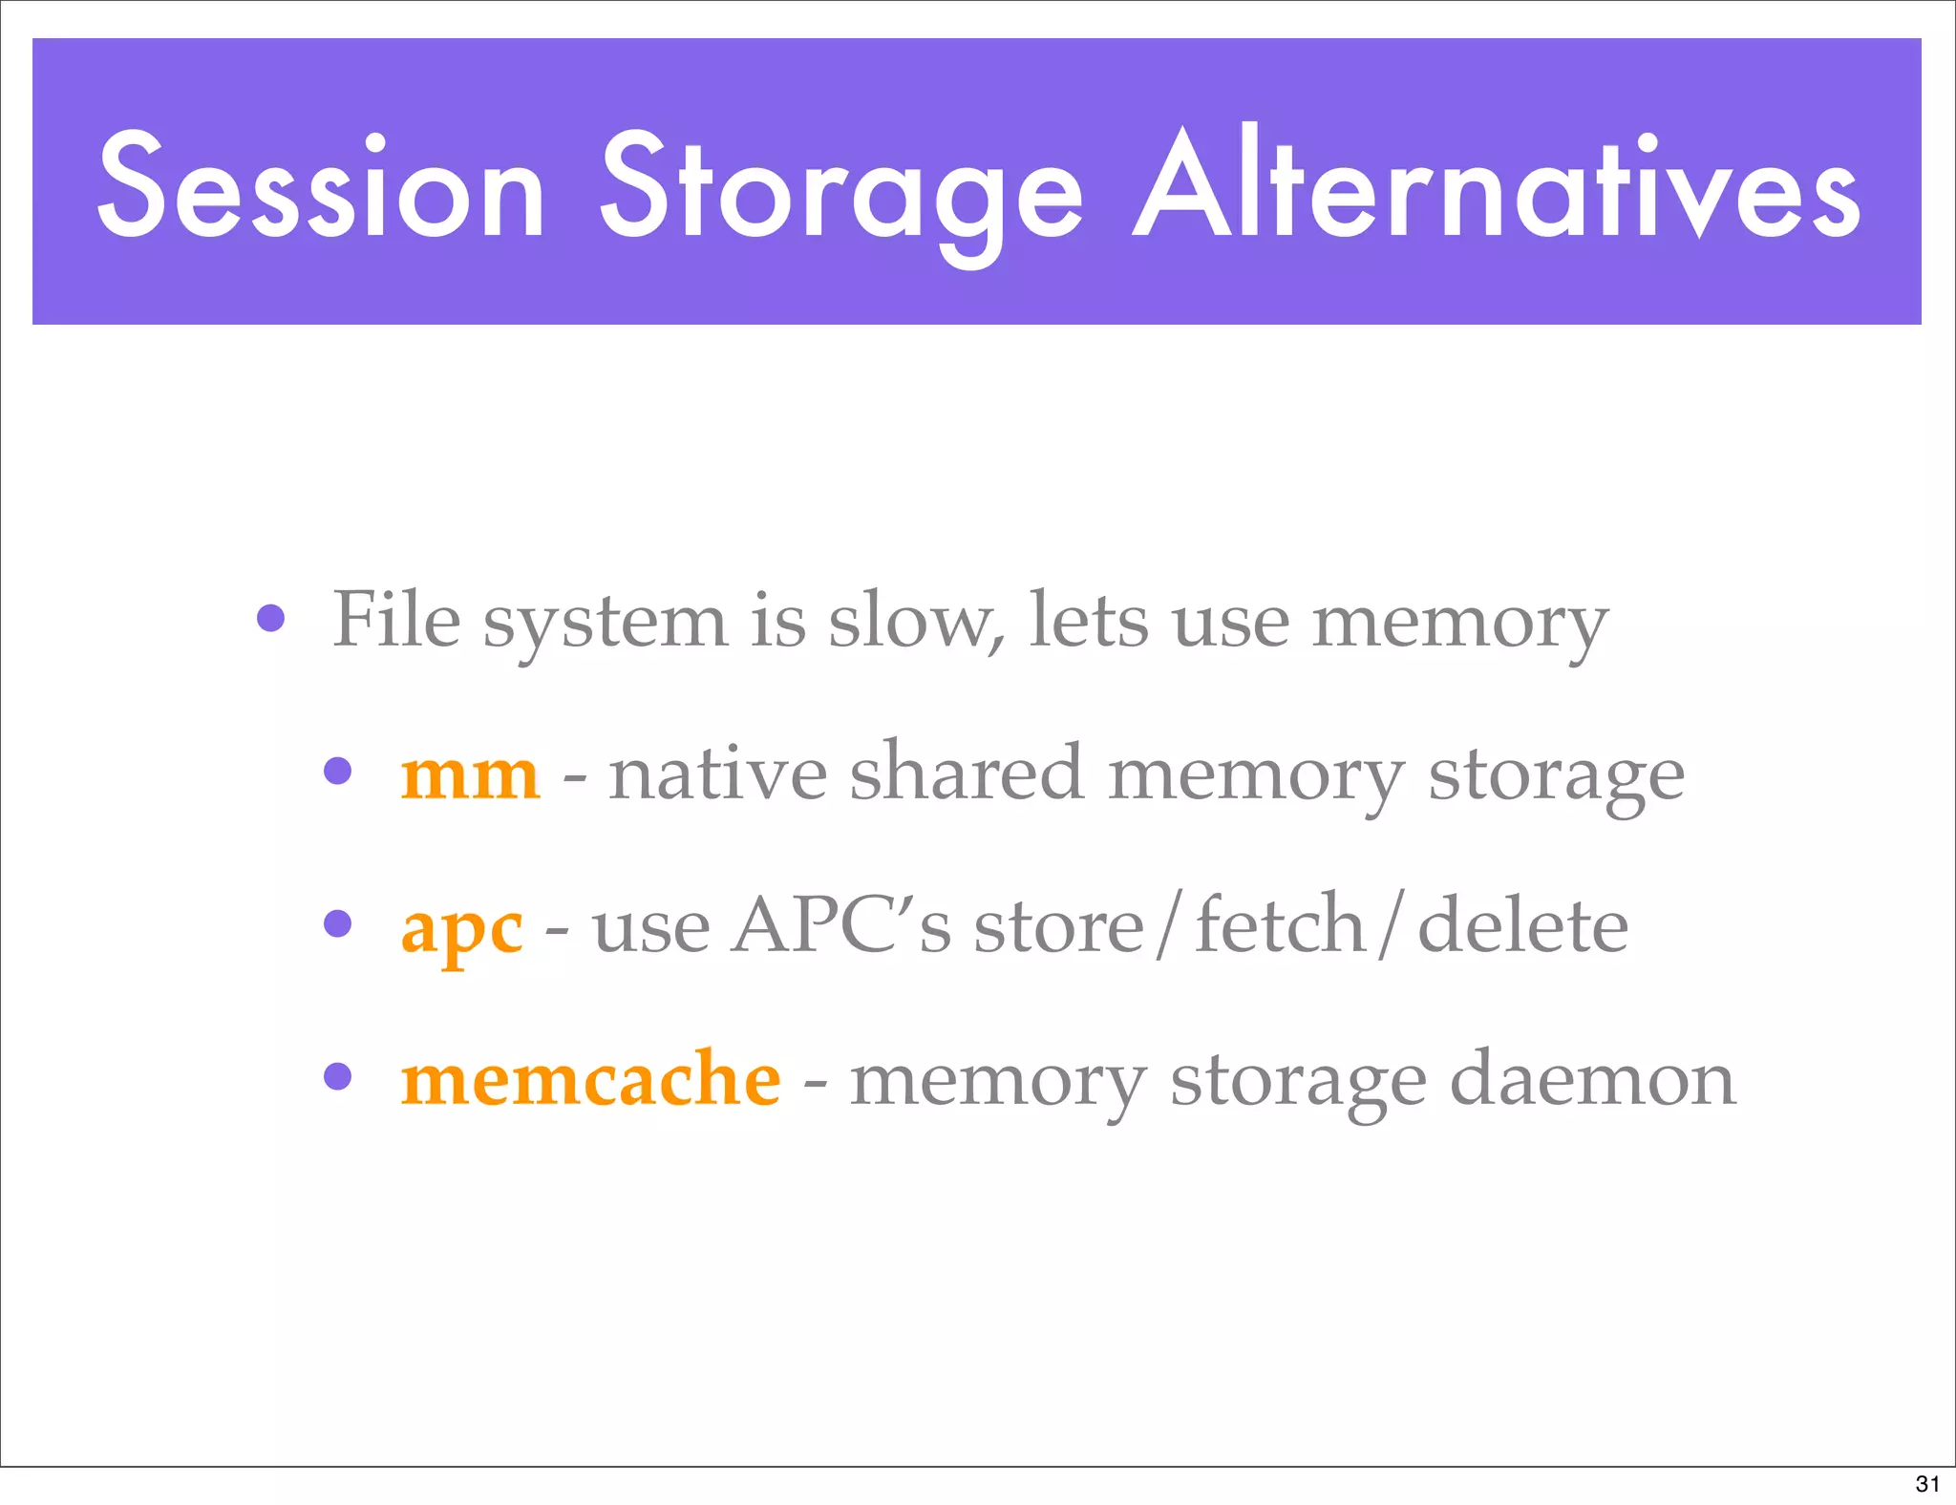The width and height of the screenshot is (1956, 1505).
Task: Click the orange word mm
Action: [x=470, y=774]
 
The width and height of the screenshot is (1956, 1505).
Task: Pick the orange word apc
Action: [x=462, y=929]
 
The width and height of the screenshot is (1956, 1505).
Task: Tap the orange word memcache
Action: [x=590, y=1079]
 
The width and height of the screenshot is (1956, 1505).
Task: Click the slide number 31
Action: [x=1927, y=1483]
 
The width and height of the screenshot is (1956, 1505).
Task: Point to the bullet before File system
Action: [x=271, y=619]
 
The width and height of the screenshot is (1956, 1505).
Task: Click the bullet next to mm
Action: [x=337, y=771]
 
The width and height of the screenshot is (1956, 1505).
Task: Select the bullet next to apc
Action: [x=337, y=923]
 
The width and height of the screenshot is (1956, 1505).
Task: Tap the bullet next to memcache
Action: [x=337, y=1076]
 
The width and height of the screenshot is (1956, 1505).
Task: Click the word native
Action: [x=718, y=774]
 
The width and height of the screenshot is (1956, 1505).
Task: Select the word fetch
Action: [x=1280, y=924]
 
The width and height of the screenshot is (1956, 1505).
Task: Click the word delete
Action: [x=1522, y=924]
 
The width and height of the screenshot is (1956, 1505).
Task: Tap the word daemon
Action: [x=1592, y=1080]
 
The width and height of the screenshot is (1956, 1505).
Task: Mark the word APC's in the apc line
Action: [x=841, y=924]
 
